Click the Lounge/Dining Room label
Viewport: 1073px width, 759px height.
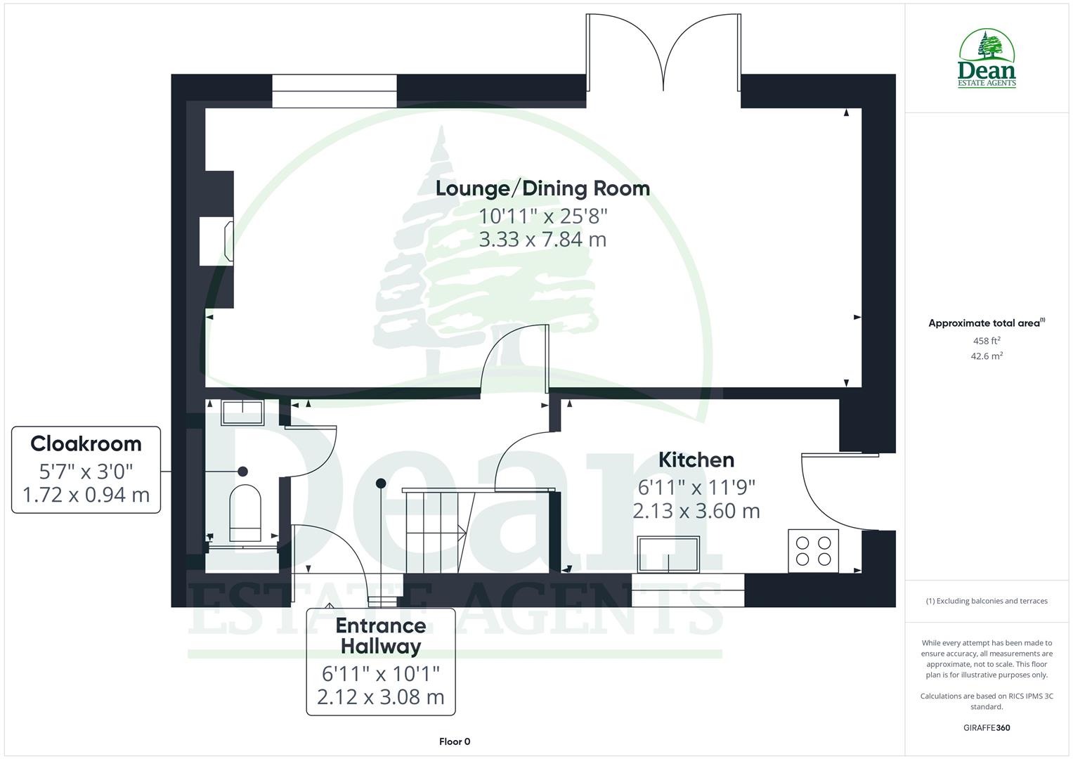[x=542, y=188]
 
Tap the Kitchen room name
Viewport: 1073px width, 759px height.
[x=696, y=460]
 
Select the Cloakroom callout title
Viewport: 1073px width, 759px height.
[x=86, y=444]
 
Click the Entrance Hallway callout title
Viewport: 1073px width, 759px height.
[x=381, y=636]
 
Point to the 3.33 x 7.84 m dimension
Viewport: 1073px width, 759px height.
[x=542, y=240]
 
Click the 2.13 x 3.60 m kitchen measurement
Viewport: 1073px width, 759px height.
[x=696, y=511]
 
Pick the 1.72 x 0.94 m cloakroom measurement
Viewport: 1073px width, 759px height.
[x=86, y=495]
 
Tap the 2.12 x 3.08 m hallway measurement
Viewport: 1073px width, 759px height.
[x=381, y=697]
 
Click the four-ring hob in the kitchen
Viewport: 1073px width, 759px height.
[x=813, y=551]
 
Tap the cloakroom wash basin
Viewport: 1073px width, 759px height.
[x=242, y=413]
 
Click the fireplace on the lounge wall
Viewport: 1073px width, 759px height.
[x=216, y=241]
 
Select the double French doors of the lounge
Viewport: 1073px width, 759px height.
[x=663, y=56]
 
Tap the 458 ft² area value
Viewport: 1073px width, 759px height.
[x=987, y=341]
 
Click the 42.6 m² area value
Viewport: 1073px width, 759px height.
[x=987, y=356]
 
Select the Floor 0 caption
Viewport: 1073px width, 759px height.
[x=455, y=741]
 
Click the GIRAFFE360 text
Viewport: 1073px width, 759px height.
[x=987, y=728]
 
